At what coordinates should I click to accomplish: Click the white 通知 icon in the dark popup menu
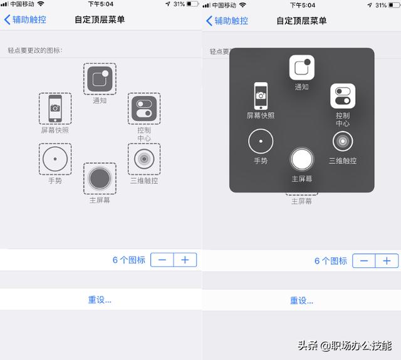[x=301, y=68]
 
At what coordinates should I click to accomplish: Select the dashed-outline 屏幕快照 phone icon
[x=55, y=108]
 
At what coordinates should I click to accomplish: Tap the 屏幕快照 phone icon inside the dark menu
[x=261, y=96]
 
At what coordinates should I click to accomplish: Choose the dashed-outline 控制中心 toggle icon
[x=144, y=109]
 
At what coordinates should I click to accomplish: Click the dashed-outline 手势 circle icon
[x=55, y=158]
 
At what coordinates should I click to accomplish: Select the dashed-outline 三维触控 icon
[x=144, y=158]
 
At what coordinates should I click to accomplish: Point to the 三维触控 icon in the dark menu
[x=343, y=141]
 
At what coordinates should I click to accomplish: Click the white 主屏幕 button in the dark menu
[x=301, y=159]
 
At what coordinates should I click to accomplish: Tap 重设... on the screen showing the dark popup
[x=301, y=301]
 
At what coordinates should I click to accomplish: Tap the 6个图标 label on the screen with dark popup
[x=330, y=261]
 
